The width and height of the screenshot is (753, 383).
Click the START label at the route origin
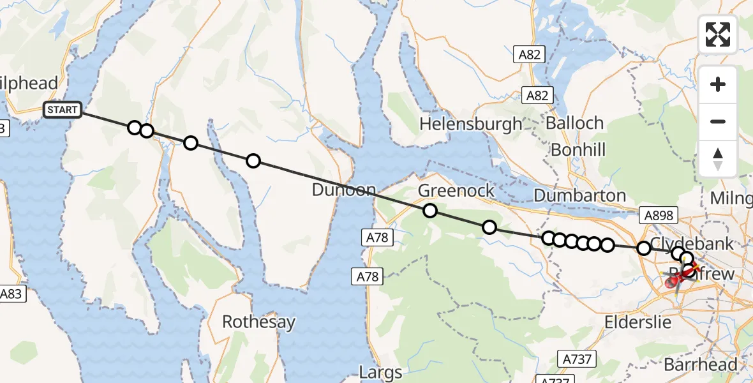click(63, 110)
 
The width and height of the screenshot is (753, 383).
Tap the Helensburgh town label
click(470, 123)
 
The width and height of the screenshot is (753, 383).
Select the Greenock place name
click(456, 190)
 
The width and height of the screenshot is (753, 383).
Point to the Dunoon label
click(344, 190)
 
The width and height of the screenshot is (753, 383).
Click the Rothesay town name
click(258, 322)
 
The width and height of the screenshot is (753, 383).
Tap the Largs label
click(380, 372)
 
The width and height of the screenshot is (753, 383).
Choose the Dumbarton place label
click(579, 195)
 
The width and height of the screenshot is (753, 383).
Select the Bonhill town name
click(578, 149)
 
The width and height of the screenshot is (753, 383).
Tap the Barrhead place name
click(700, 364)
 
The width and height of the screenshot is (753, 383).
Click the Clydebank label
click(692, 244)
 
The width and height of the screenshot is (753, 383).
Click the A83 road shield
click(13, 294)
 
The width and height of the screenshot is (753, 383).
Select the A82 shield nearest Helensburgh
click(537, 96)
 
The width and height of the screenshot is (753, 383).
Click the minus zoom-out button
click(718, 121)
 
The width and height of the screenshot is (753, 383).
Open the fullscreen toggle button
click(718, 34)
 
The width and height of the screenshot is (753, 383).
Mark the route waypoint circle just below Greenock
click(429, 211)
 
